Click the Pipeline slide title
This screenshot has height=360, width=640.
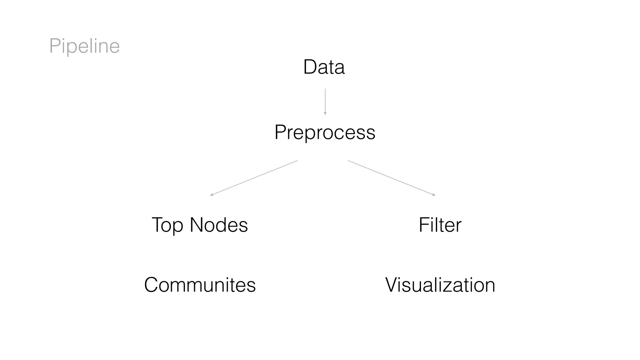click(x=84, y=46)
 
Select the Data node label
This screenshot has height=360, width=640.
click(x=324, y=67)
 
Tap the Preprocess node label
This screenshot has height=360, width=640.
click(x=325, y=132)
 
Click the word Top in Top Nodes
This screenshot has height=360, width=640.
click(x=167, y=225)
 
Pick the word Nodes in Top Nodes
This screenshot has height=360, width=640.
click(x=219, y=225)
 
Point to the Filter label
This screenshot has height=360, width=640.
click(x=440, y=225)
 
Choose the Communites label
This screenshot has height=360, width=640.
click(x=200, y=285)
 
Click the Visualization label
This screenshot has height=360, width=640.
click(x=440, y=285)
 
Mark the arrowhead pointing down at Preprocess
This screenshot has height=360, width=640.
click(x=325, y=114)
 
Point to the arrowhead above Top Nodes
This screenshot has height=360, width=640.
click(x=212, y=195)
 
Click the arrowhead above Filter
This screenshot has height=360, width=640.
click(x=434, y=195)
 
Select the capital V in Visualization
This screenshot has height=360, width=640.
click(x=392, y=285)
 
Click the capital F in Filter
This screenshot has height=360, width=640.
click(x=424, y=225)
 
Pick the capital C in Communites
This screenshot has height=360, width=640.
click(x=152, y=285)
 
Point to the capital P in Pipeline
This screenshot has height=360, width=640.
click(x=55, y=46)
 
